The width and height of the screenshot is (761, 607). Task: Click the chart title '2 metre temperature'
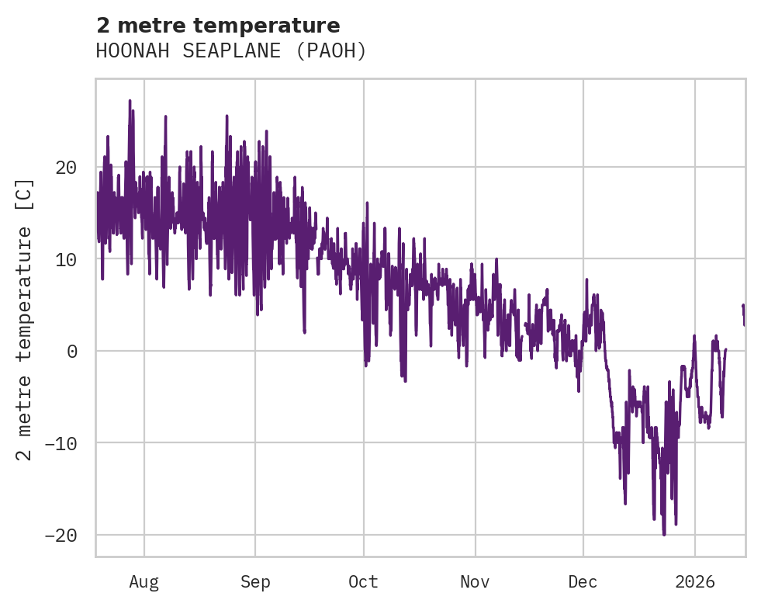tap(218, 25)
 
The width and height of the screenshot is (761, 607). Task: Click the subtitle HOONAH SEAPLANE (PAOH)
tap(230, 51)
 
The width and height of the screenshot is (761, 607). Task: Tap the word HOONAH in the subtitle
tap(124, 51)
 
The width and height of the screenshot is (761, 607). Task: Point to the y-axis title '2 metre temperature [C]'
tap(25, 319)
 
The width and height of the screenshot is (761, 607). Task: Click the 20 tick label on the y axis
tap(66, 168)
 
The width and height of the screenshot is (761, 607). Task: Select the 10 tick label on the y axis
tap(66, 259)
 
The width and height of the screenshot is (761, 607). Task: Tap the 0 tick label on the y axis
tap(72, 352)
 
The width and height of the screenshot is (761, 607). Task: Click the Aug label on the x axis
tap(144, 582)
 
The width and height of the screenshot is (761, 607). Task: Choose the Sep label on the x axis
tap(255, 582)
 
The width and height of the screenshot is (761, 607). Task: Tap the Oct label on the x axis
tap(363, 582)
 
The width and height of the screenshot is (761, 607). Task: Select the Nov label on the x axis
tap(475, 582)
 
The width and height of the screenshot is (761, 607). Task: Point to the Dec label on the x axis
tap(583, 582)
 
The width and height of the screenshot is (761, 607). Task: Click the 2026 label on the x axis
tap(695, 582)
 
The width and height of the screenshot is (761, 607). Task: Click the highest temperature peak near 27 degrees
tap(130, 101)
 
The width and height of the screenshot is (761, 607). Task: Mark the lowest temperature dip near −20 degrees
tap(664, 534)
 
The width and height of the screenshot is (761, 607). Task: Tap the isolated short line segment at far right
tap(743, 314)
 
